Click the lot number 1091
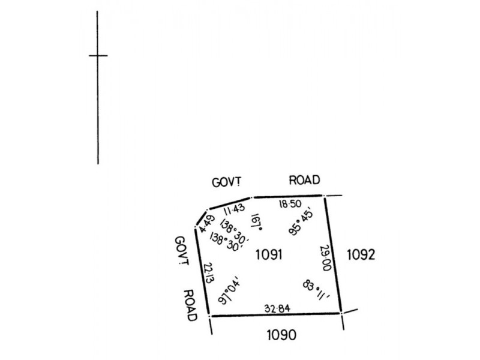[269, 254]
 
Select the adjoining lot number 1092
[361, 254]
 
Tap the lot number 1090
[281, 335]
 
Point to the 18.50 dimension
[290, 204]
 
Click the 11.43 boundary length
[234, 209]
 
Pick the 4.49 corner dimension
[207, 224]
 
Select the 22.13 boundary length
[208, 273]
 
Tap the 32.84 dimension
[277, 308]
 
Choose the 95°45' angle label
[302, 222]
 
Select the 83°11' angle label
[317, 290]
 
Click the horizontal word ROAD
[305, 180]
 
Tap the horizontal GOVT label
[227, 182]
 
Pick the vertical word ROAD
[190, 305]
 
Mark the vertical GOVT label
[182, 251]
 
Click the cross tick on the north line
[98, 56]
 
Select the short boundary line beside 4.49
[201, 218]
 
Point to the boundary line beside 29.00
[333, 254]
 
